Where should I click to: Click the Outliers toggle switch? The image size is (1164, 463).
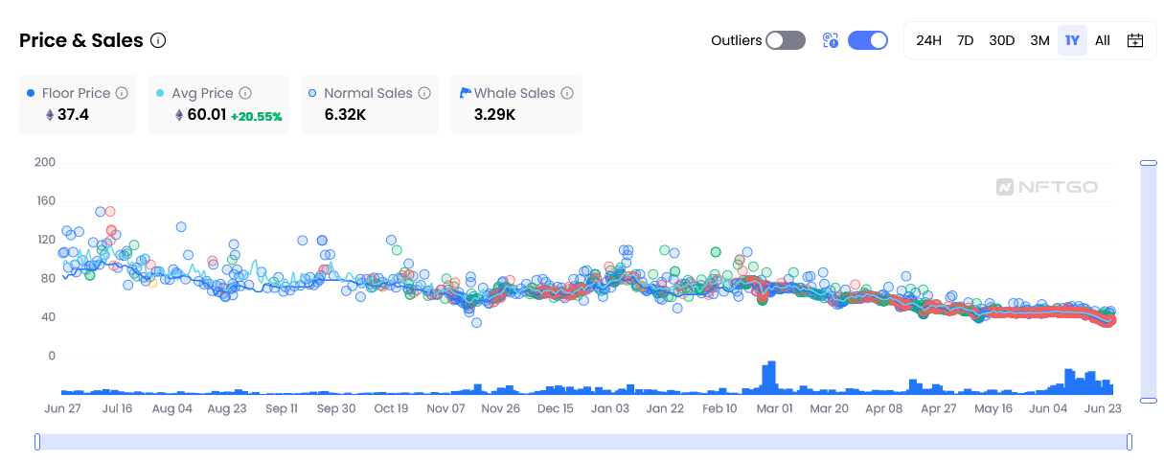click(785, 40)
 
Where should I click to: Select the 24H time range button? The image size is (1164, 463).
click(928, 40)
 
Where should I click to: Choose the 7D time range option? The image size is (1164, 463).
click(965, 40)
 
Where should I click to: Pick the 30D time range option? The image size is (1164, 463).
click(1001, 40)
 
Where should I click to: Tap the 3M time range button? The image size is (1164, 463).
click(1039, 40)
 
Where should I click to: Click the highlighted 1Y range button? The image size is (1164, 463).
click(1072, 40)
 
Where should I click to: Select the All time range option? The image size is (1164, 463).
click(1103, 40)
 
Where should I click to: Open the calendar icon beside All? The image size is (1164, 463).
click(1135, 40)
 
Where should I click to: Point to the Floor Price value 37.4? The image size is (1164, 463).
click(73, 115)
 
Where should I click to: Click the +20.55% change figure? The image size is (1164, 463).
click(257, 116)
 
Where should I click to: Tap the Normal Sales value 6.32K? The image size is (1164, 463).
click(345, 115)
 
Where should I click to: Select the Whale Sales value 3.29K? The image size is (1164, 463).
click(494, 115)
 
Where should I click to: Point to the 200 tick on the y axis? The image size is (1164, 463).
click(44, 162)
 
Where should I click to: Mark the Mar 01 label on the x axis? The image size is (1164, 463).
click(774, 408)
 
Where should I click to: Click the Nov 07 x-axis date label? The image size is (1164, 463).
click(445, 408)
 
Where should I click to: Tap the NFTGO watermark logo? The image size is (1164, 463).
click(1047, 187)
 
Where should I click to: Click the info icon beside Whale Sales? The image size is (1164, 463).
click(567, 93)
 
